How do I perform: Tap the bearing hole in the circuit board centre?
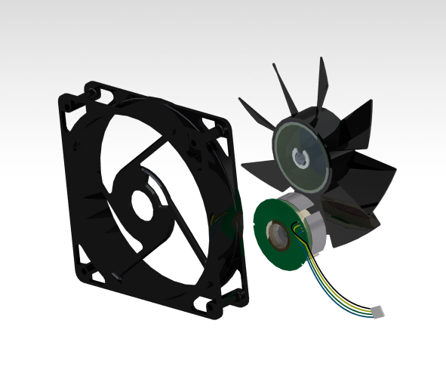coord(279,235)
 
